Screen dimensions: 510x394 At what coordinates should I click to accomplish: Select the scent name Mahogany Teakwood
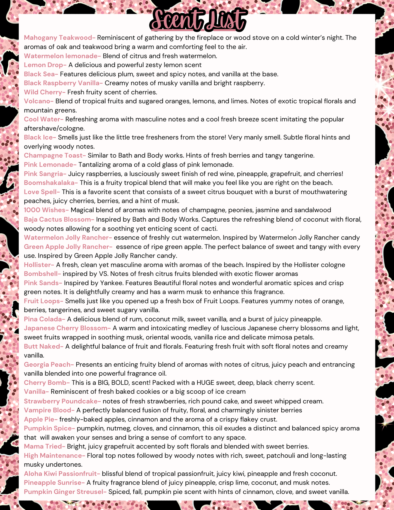59,38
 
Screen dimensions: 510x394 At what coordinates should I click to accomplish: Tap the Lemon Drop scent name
44,65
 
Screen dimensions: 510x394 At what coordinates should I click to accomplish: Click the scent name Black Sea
40,74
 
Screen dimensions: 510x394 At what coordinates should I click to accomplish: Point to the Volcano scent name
38,101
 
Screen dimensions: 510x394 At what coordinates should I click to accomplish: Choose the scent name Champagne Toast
54,155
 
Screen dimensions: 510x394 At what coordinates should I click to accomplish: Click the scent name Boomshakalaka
50,183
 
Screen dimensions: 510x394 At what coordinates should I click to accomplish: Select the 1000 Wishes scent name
46,210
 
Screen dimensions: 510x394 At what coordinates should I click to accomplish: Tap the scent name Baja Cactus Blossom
58,219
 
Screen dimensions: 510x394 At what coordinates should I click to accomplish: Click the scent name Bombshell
42,274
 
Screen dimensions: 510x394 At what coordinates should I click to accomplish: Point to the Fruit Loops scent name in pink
43,301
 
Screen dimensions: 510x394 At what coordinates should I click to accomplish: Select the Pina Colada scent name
44,319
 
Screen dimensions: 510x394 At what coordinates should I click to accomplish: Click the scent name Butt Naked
43,346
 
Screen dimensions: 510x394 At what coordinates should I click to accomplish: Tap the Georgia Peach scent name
48,364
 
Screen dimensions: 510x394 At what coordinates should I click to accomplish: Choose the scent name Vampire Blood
49,410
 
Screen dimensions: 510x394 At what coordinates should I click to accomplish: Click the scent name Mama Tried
44,446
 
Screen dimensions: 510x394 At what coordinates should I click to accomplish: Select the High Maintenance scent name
54,455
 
